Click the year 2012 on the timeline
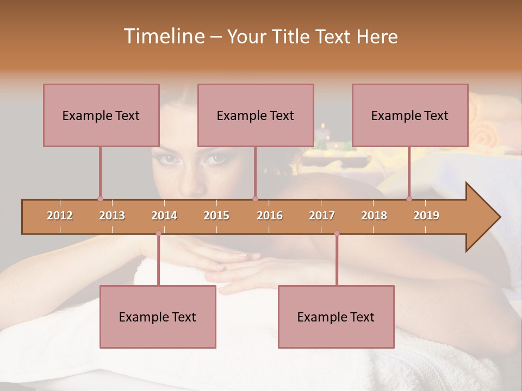click(x=60, y=216)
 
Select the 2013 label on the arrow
click(x=112, y=216)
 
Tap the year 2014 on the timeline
click(x=164, y=216)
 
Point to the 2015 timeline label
click(x=216, y=216)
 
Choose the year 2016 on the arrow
click(x=270, y=216)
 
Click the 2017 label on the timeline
click(x=322, y=216)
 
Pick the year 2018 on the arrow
click(x=374, y=216)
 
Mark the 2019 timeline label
click(x=426, y=216)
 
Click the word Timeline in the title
click(x=163, y=36)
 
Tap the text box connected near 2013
click(x=101, y=115)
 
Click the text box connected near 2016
click(x=256, y=115)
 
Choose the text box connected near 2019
click(x=410, y=115)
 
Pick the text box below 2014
click(x=158, y=317)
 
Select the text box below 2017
click(x=336, y=317)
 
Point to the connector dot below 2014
click(x=158, y=234)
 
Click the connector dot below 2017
click(x=337, y=234)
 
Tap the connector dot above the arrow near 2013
click(x=100, y=199)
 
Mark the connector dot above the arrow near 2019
click(x=409, y=199)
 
